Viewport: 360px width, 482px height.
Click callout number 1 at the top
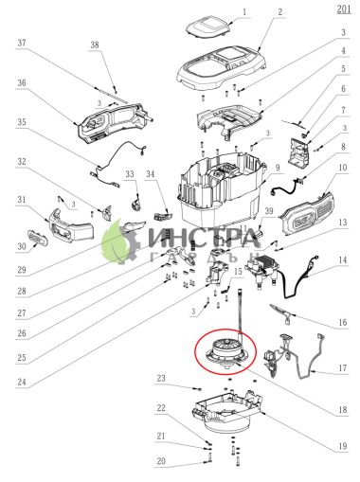243,13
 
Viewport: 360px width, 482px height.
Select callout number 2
280,13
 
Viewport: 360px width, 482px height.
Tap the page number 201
342,9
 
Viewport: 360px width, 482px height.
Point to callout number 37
21,43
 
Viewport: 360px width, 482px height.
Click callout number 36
21,82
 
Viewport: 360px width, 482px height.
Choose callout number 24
21,383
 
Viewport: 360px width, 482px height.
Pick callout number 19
344,445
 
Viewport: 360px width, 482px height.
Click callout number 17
344,370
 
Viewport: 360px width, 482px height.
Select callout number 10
344,168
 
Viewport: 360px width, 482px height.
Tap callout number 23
162,379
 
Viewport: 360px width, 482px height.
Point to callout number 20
162,461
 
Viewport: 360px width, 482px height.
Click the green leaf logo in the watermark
117,238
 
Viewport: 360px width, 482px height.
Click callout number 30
21,247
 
